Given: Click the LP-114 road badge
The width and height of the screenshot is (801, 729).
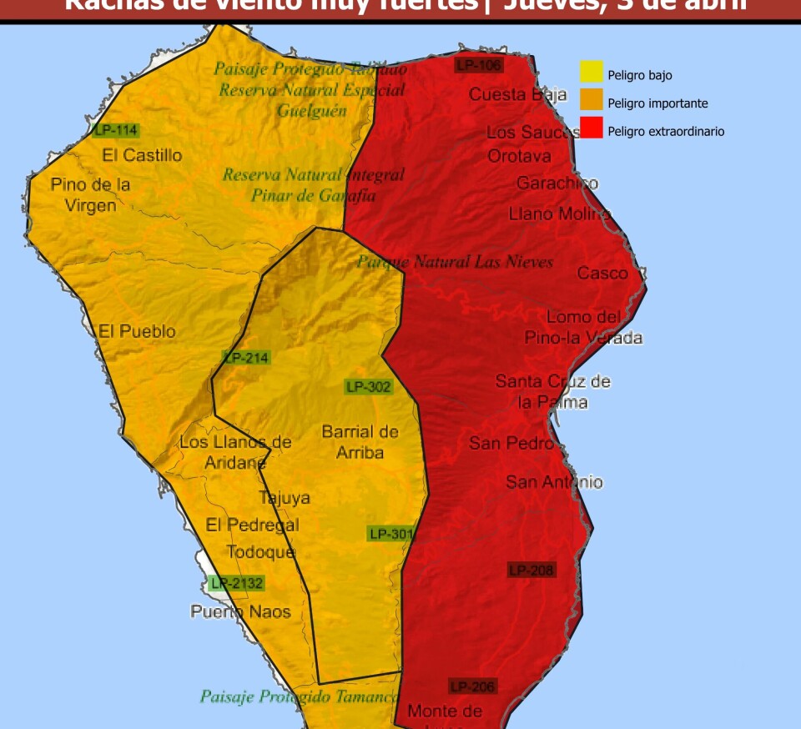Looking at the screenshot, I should [115, 130].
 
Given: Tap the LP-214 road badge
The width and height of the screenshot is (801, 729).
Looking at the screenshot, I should [247, 358].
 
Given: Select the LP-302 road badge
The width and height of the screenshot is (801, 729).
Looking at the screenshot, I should [368, 387].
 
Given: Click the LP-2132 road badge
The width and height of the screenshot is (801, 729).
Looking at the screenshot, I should [237, 584].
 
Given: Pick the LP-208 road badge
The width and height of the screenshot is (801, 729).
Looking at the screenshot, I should [531, 571].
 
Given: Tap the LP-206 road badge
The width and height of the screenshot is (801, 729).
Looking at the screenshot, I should [473, 686].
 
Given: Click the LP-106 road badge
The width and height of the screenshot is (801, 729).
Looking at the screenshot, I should [478, 64].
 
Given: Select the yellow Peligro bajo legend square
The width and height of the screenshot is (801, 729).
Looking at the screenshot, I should [592, 73].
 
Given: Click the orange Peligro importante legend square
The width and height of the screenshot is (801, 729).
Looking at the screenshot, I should [592, 101].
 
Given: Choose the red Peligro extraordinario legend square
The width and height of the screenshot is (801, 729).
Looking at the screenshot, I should [592, 128].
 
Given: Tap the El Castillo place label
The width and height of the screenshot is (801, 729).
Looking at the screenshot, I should [142, 155].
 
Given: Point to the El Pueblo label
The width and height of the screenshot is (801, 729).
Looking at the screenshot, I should [137, 331].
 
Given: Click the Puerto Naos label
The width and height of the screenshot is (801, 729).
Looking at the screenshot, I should [241, 611].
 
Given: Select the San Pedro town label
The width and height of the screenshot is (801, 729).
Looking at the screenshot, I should [511, 443].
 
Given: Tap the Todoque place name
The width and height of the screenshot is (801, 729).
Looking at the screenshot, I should [261, 552].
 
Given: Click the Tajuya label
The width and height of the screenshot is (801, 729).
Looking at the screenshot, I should [285, 498].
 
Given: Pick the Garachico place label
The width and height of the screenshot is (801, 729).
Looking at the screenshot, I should [557, 183].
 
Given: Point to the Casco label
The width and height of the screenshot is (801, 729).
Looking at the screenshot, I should [602, 273].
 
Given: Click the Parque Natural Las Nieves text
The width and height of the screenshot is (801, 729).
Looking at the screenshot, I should [456, 262].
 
